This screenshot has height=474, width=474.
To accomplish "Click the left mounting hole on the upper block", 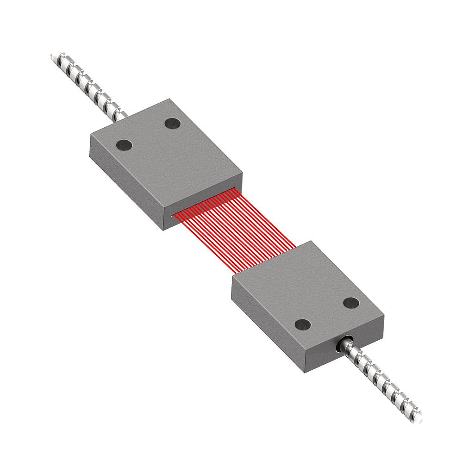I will (x=124, y=145).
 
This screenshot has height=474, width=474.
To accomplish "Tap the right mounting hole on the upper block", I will (x=173, y=124).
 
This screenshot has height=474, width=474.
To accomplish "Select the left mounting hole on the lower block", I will (x=303, y=324).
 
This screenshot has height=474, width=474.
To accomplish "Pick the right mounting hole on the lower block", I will (x=351, y=303).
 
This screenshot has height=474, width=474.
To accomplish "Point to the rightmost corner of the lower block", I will (x=384, y=318).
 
